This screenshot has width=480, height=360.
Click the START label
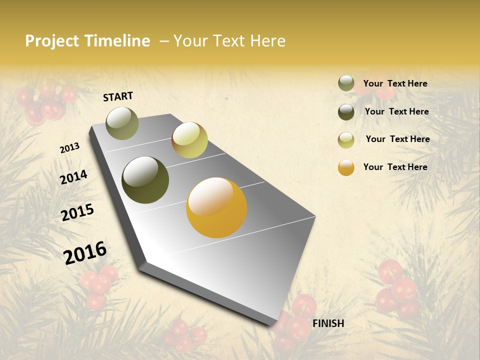[x=118, y=96]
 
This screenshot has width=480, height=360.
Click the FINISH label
[x=328, y=323]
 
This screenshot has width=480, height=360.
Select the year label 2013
[x=69, y=148]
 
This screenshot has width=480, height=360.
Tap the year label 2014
[x=73, y=177]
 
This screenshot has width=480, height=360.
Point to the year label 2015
[x=77, y=212]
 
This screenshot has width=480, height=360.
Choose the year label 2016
[x=85, y=252]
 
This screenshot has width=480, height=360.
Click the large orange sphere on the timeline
[x=216, y=207]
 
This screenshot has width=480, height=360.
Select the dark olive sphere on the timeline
[x=145, y=180]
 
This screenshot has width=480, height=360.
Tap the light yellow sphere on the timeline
[x=189, y=140]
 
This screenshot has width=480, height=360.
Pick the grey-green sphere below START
[x=122, y=123]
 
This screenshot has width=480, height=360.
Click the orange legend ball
[x=346, y=167]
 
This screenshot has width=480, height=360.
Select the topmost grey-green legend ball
[x=346, y=83]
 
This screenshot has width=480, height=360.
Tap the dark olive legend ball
[x=346, y=112]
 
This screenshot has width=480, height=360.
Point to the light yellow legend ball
[x=346, y=140]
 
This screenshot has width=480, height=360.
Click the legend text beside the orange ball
[x=395, y=167]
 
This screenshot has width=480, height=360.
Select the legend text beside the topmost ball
[x=395, y=83]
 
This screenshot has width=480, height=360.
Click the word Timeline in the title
[x=118, y=41]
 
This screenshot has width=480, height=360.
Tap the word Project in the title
[x=52, y=41]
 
